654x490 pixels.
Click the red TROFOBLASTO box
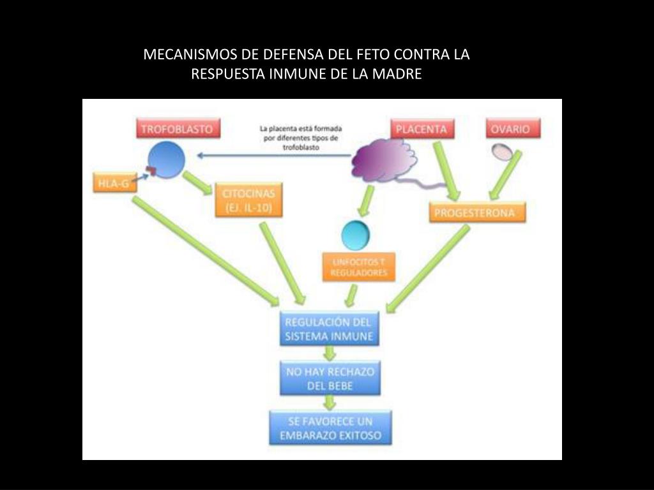click(176, 129)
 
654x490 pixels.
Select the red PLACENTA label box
click(422, 129)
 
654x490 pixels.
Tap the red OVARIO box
click(512, 129)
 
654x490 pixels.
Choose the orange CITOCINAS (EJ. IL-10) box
click(248, 200)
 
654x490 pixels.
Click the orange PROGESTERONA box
click(478, 212)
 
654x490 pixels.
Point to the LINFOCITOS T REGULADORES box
click(359, 267)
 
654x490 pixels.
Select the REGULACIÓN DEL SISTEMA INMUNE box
click(329, 329)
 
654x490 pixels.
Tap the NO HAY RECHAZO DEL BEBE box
click(329, 378)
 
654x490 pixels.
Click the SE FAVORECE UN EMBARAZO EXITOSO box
click(330, 428)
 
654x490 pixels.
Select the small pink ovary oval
click(501, 151)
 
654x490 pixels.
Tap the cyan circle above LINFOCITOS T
click(355, 235)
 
